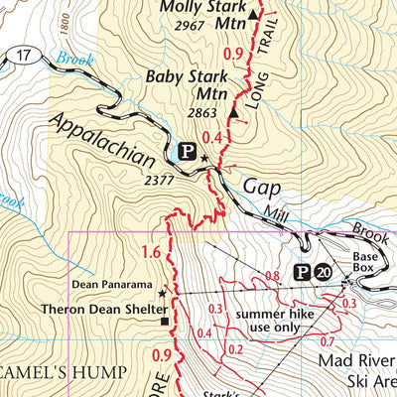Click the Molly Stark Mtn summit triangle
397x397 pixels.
tap(252, 16)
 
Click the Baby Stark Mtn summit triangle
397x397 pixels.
tap(232, 113)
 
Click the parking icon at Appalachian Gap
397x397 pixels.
tap(186, 152)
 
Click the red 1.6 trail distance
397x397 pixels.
tap(151, 251)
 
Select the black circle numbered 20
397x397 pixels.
tap(324, 271)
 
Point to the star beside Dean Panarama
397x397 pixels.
tap(162, 294)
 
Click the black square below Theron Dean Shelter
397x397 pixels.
tap(165, 321)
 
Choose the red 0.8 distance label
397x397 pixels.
tap(274, 275)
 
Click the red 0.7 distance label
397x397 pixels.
tap(328, 341)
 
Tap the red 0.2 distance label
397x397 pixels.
tap(235, 349)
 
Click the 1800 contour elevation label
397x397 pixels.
tap(64, 20)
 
